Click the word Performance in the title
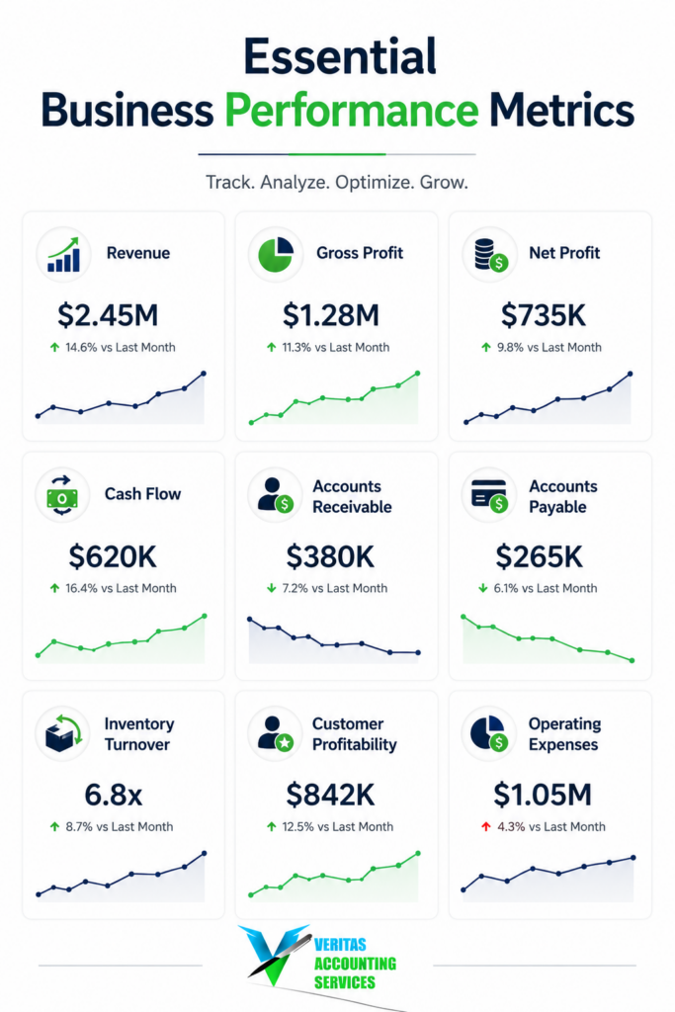352,111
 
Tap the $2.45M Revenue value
108,315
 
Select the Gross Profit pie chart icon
276,254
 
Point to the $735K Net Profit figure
544,315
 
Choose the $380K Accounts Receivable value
330,556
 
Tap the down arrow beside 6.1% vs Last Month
482,588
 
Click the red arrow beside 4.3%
486,827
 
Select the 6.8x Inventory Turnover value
113,795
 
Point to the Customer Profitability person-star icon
276,733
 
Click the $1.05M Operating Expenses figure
542,795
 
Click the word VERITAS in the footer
340,945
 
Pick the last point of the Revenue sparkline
204,374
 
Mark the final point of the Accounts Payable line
632,660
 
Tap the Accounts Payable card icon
489,496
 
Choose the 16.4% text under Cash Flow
81,588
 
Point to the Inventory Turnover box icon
62,734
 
